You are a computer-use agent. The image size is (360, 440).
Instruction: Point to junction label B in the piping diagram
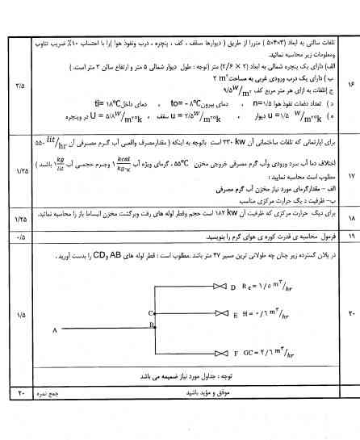tap(151, 324)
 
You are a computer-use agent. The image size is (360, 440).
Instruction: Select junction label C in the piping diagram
tap(151, 312)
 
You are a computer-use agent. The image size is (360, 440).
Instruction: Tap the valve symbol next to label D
tap(218, 287)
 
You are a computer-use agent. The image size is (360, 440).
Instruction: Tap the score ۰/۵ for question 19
tap(19, 236)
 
